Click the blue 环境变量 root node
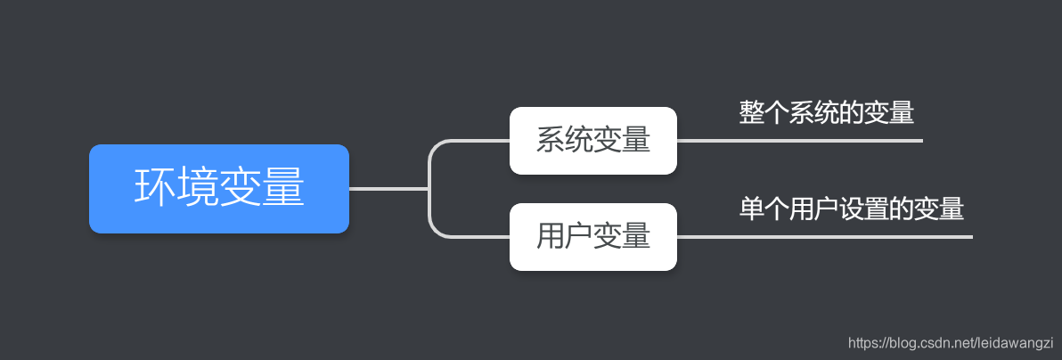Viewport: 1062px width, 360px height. click(x=218, y=189)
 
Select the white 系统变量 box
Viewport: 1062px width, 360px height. click(x=592, y=141)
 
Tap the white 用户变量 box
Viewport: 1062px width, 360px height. click(x=592, y=237)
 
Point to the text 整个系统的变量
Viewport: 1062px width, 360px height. click(x=827, y=113)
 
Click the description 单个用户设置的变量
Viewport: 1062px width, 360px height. click(x=851, y=209)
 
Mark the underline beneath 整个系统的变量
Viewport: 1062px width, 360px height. click(x=802, y=141)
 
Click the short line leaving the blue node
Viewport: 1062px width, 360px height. click(x=388, y=189)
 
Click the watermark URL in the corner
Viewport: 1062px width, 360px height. click(x=951, y=342)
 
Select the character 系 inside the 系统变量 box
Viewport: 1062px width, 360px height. click(x=551, y=141)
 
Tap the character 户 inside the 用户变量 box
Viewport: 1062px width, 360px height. click(x=579, y=237)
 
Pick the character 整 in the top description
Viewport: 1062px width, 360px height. click(x=750, y=113)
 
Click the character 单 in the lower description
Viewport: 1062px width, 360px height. click(x=750, y=209)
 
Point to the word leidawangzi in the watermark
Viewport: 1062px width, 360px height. click(x=1016, y=342)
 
